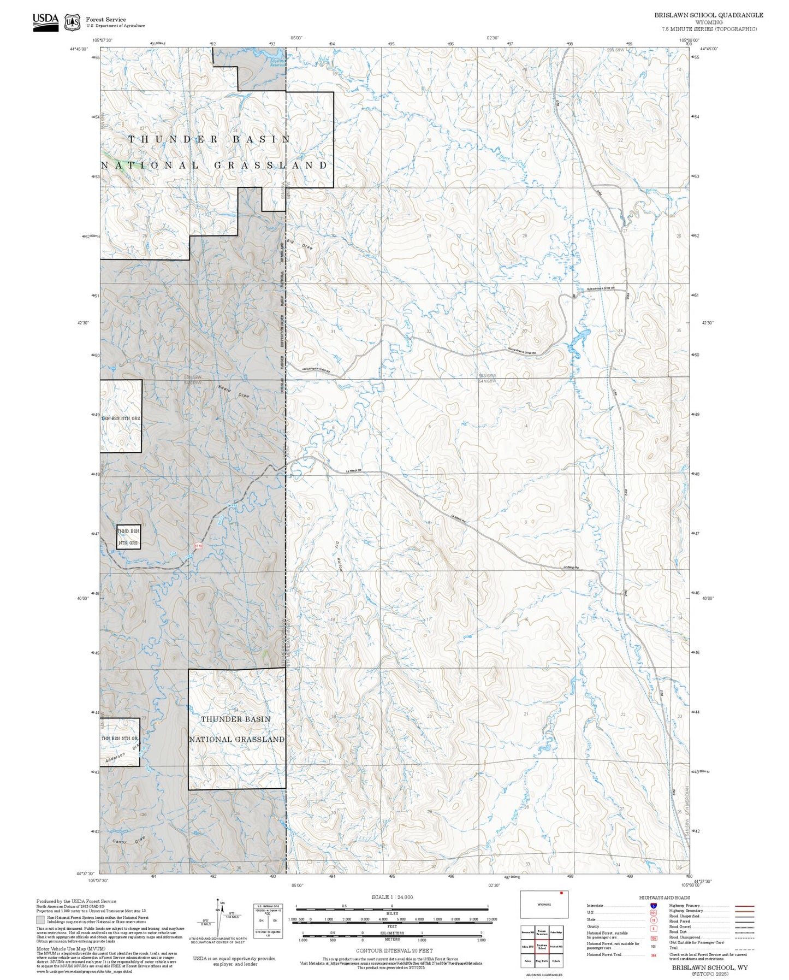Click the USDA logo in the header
45,22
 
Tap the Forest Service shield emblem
72,22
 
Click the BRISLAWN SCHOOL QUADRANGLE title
709,15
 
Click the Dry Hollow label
338,557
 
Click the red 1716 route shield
199,545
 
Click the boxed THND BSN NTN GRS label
128,536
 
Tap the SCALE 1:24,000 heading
392,897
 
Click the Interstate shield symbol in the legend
654,906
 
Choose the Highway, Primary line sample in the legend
744,906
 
